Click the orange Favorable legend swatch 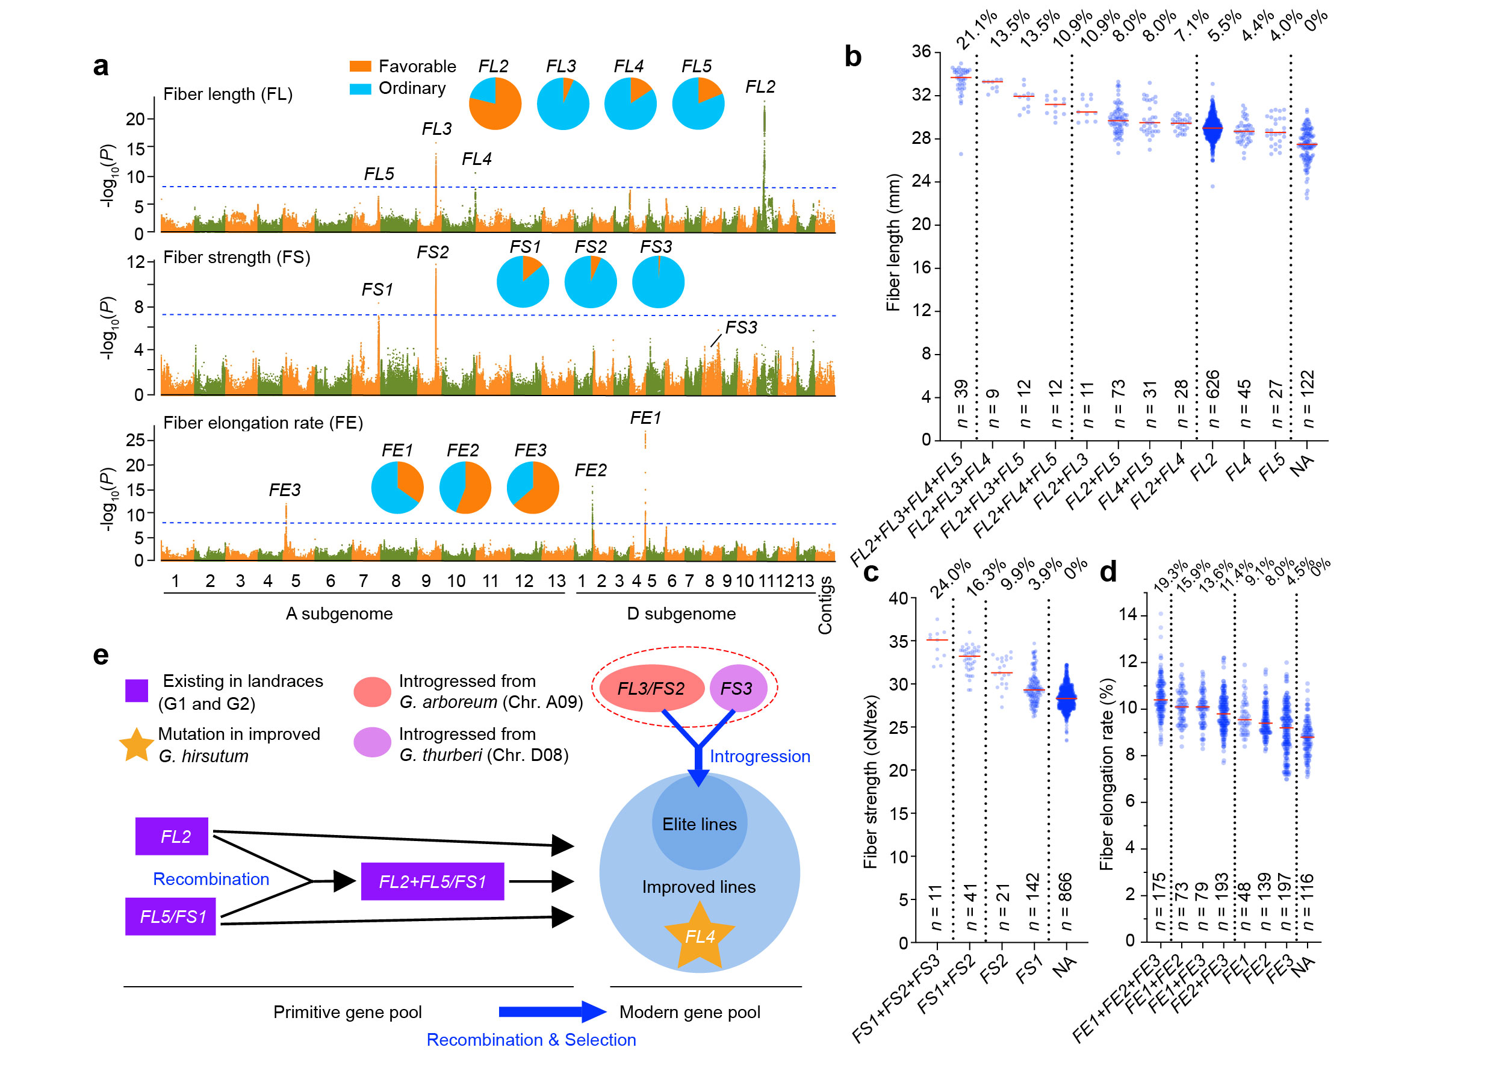[x=360, y=66]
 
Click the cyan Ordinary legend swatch [x=360, y=88]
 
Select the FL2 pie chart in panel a [x=495, y=104]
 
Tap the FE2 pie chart [x=465, y=487]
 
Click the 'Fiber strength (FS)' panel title [x=237, y=257]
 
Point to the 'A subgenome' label [x=339, y=614]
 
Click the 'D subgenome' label [x=681, y=614]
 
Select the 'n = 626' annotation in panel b [x=1212, y=399]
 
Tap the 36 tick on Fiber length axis [x=920, y=52]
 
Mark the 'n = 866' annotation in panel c [x=1066, y=901]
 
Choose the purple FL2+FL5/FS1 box [x=433, y=881]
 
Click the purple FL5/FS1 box [x=171, y=916]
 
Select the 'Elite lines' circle [x=700, y=824]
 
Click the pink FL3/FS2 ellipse [x=651, y=689]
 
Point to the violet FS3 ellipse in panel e [x=737, y=689]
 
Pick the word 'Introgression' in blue [x=760, y=757]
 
